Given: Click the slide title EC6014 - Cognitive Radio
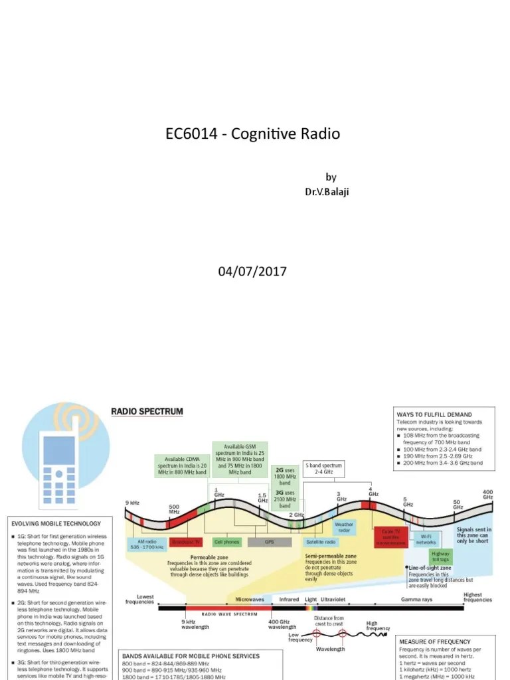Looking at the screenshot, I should [x=252, y=133].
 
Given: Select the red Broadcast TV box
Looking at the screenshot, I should [x=186, y=542].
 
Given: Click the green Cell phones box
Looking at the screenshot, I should [x=226, y=542].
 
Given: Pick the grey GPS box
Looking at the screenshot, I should [x=269, y=542].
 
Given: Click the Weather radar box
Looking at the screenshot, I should [x=344, y=527].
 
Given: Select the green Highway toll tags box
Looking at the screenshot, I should [x=440, y=556].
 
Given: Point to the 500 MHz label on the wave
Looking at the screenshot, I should [x=173, y=509].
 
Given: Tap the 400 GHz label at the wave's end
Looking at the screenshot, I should [x=487, y=494].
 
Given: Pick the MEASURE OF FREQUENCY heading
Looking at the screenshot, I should [x=434, y=641].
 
